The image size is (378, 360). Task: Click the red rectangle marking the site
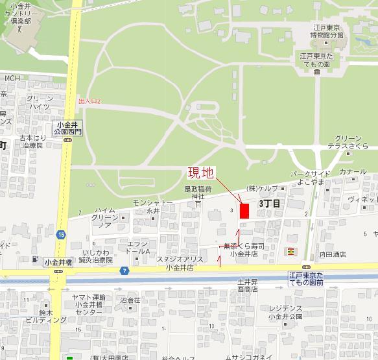click(244, 211)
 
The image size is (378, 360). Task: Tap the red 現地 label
click(200, 173)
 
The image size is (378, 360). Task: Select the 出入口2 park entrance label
click(90, 102)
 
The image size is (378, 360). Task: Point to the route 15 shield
click(61, 234)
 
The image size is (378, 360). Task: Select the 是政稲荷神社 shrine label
click(194, 192)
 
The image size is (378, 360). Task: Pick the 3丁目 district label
click(270, 204)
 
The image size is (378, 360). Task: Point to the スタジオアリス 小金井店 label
click(180, 263)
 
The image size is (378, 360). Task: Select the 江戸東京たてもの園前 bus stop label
click(310, 280)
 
